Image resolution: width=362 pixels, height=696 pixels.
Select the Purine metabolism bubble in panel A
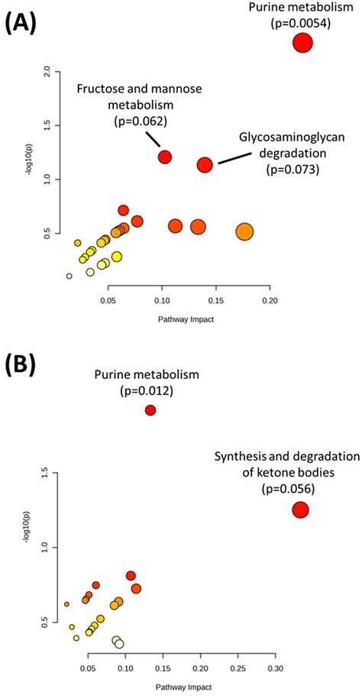pos(302,43)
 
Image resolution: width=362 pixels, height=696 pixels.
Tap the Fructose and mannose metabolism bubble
pos(164,157)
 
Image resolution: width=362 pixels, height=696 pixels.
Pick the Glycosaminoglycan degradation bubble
pos(205,164)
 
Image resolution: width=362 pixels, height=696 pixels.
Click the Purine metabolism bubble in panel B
pos(150,410)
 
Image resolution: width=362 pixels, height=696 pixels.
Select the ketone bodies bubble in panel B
pos(300,510)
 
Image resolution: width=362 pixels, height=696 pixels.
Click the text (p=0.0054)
pos(300,24)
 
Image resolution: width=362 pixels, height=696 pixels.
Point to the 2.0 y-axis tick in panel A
pos(47,72)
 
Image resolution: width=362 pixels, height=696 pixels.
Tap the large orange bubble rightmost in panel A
pos(244,231)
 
